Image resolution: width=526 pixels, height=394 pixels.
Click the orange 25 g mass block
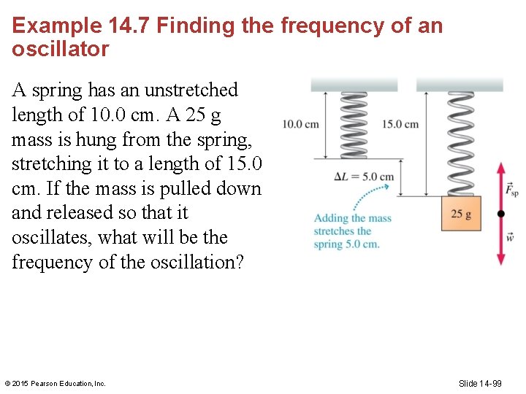(x=461, y=214)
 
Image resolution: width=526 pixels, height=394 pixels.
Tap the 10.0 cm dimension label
(x=300, y=124)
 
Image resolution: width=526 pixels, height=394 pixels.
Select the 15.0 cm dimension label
(x=400, y=124)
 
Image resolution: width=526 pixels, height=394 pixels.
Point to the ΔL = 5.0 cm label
(x=364, y=177)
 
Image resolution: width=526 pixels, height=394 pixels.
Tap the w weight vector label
(x=511, y=238)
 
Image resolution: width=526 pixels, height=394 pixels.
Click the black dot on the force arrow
(x=500, y=214)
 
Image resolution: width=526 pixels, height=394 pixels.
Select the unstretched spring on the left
(x=354, y=124)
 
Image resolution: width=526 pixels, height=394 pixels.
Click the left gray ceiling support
(x=354, y=84)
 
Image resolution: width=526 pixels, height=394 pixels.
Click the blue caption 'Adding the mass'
(x=352, y=218)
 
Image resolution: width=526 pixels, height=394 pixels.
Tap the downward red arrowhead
(x=500, y=259)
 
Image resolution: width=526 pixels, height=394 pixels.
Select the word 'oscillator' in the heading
(x=61, y=50)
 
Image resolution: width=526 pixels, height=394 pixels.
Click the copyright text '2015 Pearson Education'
(x=58, y=384)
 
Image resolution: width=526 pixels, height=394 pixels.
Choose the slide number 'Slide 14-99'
(x=480, y=384)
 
